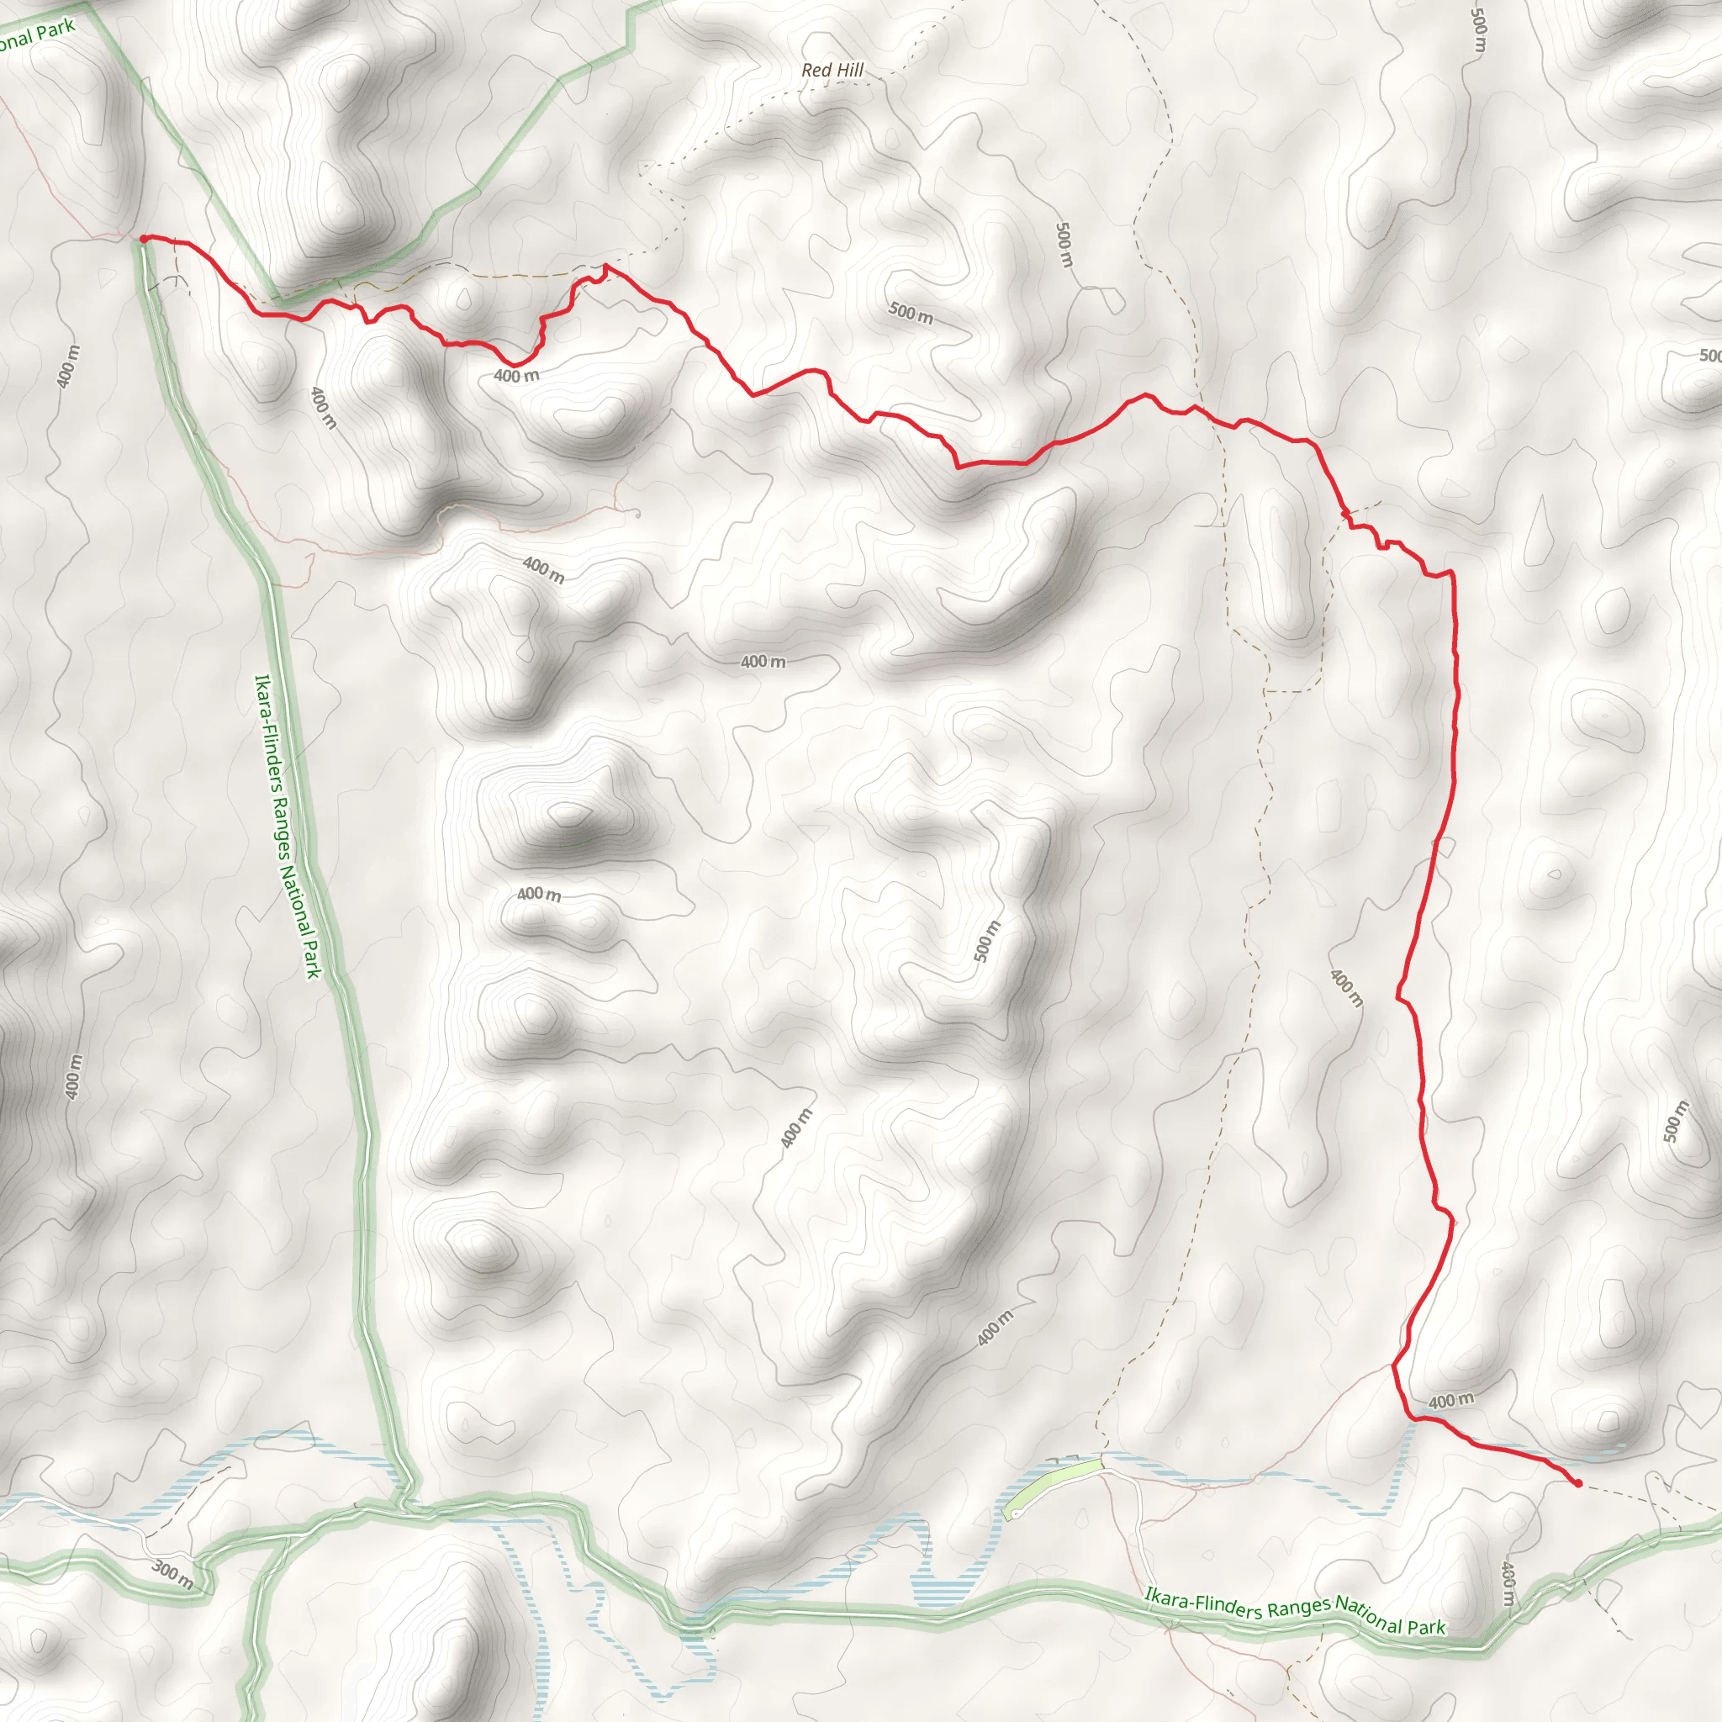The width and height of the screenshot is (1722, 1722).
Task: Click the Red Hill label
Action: [832, 70]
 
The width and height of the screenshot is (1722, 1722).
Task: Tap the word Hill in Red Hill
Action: [848, 70]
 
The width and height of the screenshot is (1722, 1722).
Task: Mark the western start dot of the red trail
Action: [144, 238]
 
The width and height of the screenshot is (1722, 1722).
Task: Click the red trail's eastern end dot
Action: [1578, 1484]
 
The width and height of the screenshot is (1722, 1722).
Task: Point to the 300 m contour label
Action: [172, 1575]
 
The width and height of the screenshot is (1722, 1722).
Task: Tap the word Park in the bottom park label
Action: [1426, 1627]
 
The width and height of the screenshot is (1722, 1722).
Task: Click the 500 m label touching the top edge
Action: [1479, 29]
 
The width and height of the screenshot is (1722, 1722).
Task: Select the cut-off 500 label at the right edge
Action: [1709, 356]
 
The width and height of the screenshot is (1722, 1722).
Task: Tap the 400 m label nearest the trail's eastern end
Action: [1451, 1400]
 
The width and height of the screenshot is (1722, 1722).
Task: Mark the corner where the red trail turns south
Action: [1452, 573]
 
